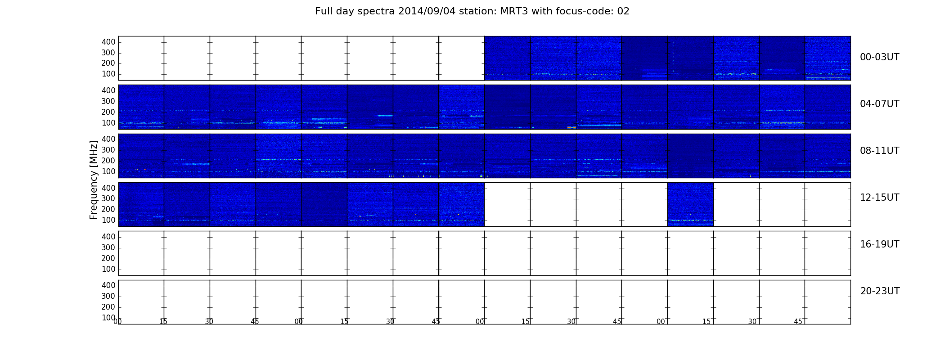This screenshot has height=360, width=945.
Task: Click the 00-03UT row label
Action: pos(879,57)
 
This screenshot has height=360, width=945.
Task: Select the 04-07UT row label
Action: pos(879,104)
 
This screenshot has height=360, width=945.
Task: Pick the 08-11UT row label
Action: pos(879,151)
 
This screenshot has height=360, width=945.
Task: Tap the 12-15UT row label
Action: pos(879,198)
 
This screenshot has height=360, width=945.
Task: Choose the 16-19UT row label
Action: pos(879,244)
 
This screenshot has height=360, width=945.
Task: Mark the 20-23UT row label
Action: pos(880,291)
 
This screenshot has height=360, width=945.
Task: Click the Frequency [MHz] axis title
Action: pos(94,180)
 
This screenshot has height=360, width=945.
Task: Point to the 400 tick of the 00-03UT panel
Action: pos(108,42)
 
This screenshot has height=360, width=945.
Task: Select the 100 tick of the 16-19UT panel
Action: pos(108,269)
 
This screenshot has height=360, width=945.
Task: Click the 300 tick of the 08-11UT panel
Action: pos(108,150)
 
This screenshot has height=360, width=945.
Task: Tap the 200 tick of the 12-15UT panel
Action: pos(108,209)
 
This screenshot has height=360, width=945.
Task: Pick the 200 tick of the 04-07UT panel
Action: pos(108,112)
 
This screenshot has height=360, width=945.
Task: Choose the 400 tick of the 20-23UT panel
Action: pos(108,285)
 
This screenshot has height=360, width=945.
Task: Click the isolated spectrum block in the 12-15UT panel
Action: pos(690,204)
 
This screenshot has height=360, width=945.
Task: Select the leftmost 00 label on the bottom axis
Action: pos(117,321)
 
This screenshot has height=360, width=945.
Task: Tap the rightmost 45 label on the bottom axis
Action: pos(798,321)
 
